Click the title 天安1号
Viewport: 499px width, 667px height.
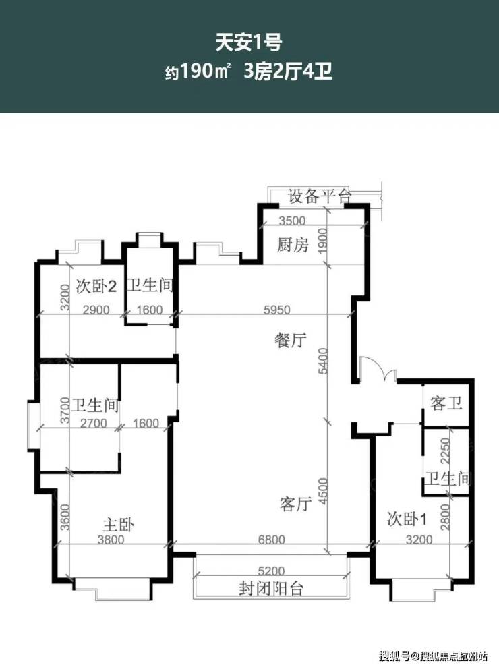249,42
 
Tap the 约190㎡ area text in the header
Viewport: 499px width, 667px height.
198,71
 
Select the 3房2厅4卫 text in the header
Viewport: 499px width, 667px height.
288,71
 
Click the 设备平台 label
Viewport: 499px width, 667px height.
320,196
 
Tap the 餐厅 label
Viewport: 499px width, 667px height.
291,341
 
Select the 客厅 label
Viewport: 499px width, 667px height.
295,504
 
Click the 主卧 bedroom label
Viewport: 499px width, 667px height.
118,524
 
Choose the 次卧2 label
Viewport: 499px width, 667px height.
96,286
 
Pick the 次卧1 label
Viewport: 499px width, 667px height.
407,519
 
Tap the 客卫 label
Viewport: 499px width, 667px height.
446,403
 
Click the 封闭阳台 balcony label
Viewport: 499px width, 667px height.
270,589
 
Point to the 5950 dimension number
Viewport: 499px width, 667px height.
277,310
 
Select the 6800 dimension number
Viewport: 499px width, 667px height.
272,540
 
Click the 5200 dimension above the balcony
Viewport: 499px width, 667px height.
271,570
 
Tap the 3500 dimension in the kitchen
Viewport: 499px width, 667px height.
292,221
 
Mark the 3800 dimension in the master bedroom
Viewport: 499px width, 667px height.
111,540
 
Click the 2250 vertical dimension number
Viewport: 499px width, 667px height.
445,451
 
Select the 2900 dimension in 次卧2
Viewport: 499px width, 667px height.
96,310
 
